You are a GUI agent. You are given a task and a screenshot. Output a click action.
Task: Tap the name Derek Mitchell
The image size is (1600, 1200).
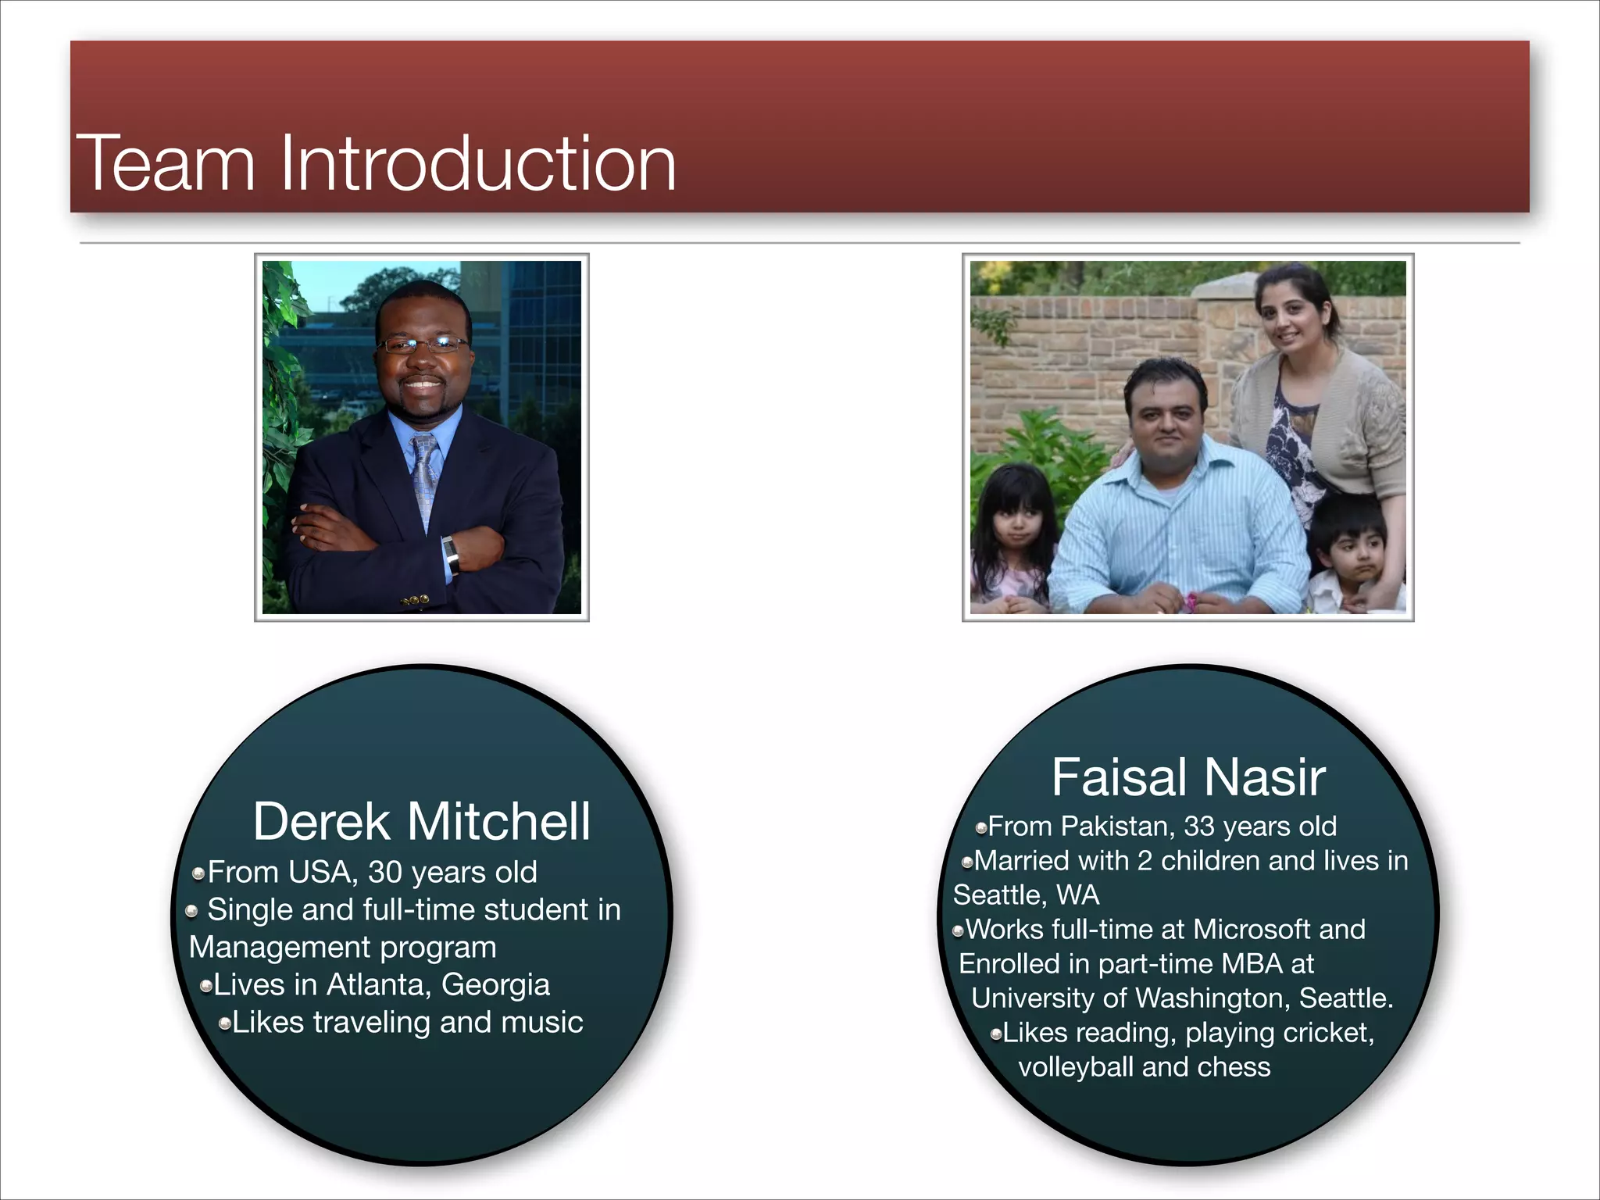click(422, 822)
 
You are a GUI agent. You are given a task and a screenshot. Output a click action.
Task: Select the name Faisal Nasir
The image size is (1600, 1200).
click(1188, 777)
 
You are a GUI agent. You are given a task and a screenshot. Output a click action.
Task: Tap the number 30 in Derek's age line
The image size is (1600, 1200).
click(384, 872)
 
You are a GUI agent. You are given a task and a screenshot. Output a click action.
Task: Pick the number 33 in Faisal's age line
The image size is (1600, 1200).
click(1199, 826)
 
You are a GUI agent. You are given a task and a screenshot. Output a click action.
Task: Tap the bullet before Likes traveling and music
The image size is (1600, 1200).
click(225, 1023)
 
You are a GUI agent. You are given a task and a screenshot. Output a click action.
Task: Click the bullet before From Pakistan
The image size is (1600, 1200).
click(981, 827)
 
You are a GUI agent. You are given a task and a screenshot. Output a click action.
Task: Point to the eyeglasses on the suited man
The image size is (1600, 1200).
click(422, 344)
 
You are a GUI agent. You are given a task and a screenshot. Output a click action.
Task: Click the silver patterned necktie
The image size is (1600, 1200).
click(425, 477)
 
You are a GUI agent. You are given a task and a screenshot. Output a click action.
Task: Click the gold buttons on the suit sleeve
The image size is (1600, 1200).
click(415, 600)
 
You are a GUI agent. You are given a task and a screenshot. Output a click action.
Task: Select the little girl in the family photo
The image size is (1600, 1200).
click(1012, 531)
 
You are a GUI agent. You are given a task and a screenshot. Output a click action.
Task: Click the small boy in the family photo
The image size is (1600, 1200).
click(1350, 555)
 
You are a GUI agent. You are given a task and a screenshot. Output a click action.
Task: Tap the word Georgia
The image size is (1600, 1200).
click(495, 986)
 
